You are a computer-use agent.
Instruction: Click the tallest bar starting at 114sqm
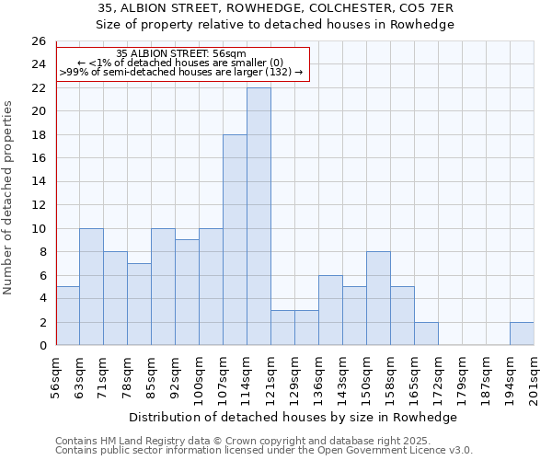[x=259, y=216]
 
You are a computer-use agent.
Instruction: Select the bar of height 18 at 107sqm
[x=235, y=239]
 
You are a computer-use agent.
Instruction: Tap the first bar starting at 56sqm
[x=67, y=316]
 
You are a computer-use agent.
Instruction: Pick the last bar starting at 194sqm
[x=522, y=333]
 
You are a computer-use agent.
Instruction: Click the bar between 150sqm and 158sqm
[x=378, y=298]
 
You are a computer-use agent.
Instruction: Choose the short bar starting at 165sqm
[x=426, y=333]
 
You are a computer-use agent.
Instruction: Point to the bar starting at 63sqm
[x=91, y=286]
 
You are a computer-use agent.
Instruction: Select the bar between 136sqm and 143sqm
[x=330, y=310]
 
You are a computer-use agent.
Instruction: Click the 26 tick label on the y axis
[x=38, y=41]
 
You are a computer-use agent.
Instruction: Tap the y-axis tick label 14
[x=38, y=181]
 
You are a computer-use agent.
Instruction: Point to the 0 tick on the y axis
[x=41, y=345]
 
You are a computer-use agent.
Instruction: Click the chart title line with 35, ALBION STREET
[x=276, y=8]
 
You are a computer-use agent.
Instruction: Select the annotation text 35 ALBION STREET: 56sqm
[x=182, y=54]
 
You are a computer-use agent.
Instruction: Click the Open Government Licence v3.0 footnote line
[x=264, y=451]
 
